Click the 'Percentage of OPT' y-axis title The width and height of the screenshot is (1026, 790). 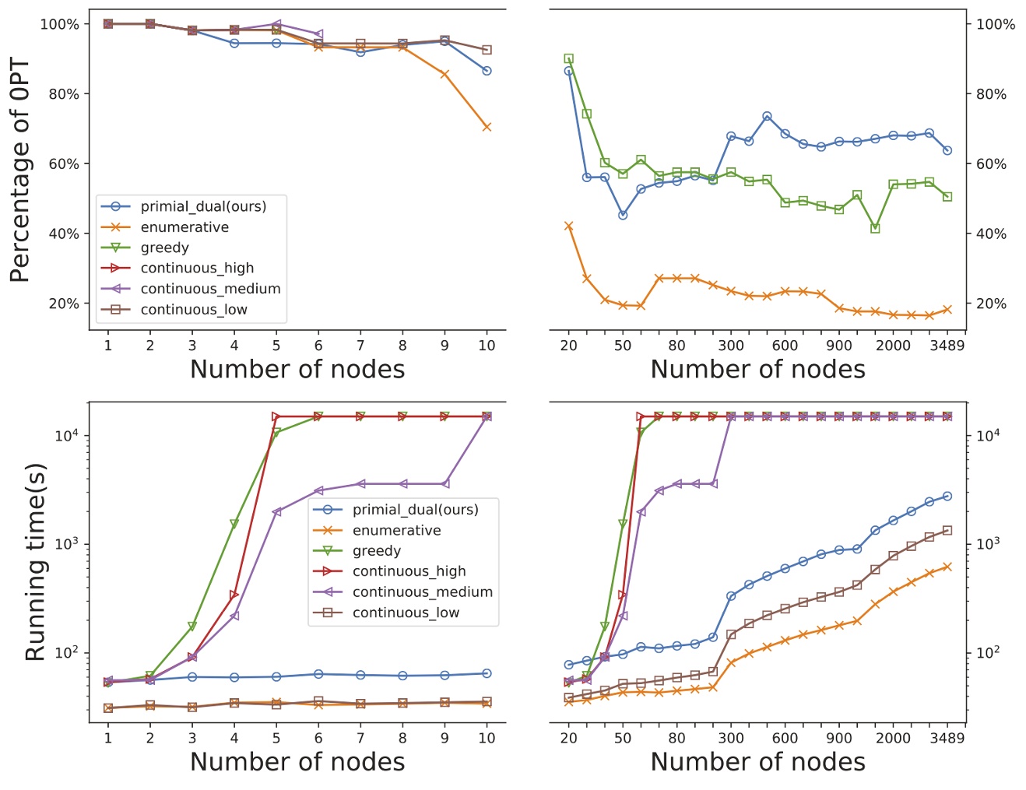[21, 170]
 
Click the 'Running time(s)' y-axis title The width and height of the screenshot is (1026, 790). [35, 563]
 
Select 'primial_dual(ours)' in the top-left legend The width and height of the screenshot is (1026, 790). [203, 206]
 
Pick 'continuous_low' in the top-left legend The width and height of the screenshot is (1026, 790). [194, 310]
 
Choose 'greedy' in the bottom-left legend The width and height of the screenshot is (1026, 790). [377, 551]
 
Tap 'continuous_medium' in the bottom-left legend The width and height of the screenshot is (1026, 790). [423, 592]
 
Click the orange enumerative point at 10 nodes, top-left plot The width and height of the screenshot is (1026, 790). [487, 127]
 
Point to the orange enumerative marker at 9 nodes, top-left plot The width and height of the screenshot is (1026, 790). [444, 74]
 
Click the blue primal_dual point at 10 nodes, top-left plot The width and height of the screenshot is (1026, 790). [487, 71]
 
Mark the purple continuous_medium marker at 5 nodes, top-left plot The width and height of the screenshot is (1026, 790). [276, 24]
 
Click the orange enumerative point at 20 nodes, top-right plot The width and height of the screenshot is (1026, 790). [568, 226]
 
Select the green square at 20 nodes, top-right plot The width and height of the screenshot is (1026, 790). [568, 58]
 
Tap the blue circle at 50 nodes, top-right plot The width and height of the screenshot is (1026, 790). [623, 215]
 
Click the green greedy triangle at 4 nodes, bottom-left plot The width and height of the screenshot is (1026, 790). [234, 524]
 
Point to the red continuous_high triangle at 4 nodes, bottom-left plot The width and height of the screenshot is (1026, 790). [234, 595]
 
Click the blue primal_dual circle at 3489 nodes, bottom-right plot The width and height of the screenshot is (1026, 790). [947, 496]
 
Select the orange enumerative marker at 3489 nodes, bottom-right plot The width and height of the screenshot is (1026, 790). [947, 567]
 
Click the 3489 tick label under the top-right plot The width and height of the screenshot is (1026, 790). [947, 346]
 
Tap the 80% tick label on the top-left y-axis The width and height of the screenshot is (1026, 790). [65, 94]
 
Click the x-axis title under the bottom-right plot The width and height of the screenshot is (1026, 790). [757, 762]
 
